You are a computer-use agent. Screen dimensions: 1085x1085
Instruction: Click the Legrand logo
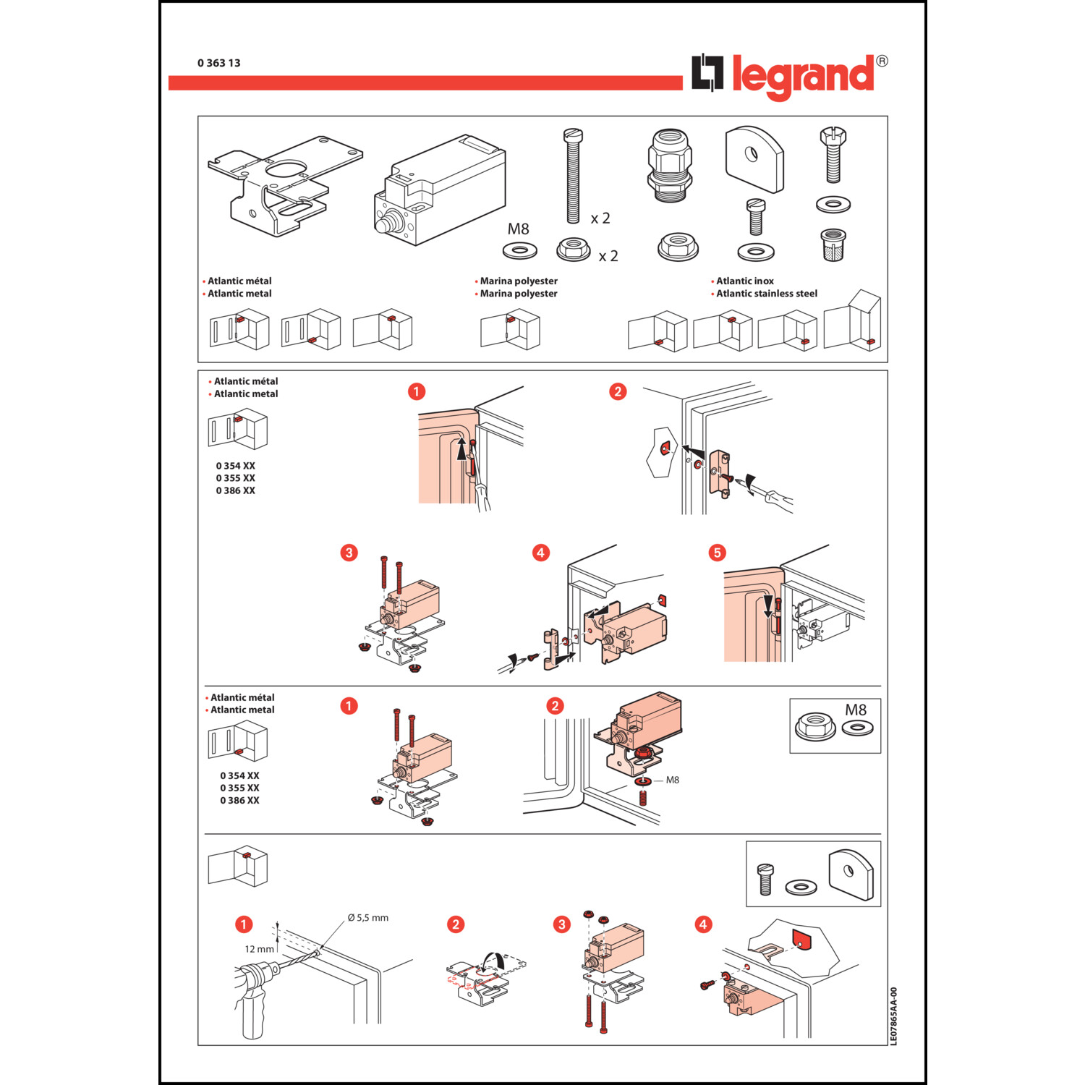pos(789,76)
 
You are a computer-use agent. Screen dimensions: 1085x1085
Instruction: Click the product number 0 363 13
pos(219,63)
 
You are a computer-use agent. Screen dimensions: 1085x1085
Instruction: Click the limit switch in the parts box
pos(440,190)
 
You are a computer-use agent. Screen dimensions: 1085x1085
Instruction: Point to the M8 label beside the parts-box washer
pos(518,229)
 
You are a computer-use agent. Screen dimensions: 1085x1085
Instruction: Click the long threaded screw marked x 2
pos(573,176)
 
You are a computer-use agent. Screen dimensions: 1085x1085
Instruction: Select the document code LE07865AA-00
pos(893,1016)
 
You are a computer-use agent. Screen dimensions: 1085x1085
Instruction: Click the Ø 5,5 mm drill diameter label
pos(367,918)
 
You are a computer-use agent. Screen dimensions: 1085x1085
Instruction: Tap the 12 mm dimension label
pos(259,949)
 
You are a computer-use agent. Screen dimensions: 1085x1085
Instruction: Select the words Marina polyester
pos(519,293)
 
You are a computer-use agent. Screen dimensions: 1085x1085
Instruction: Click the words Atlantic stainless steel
pos(767,293)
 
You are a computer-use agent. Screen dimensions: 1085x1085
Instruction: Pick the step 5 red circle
pos(717,553)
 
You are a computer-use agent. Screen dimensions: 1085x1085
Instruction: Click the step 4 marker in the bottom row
pos(703,924)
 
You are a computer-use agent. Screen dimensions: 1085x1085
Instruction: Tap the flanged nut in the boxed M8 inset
pos(816,726)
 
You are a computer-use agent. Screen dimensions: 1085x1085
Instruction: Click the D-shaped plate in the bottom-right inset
pos(851,874)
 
